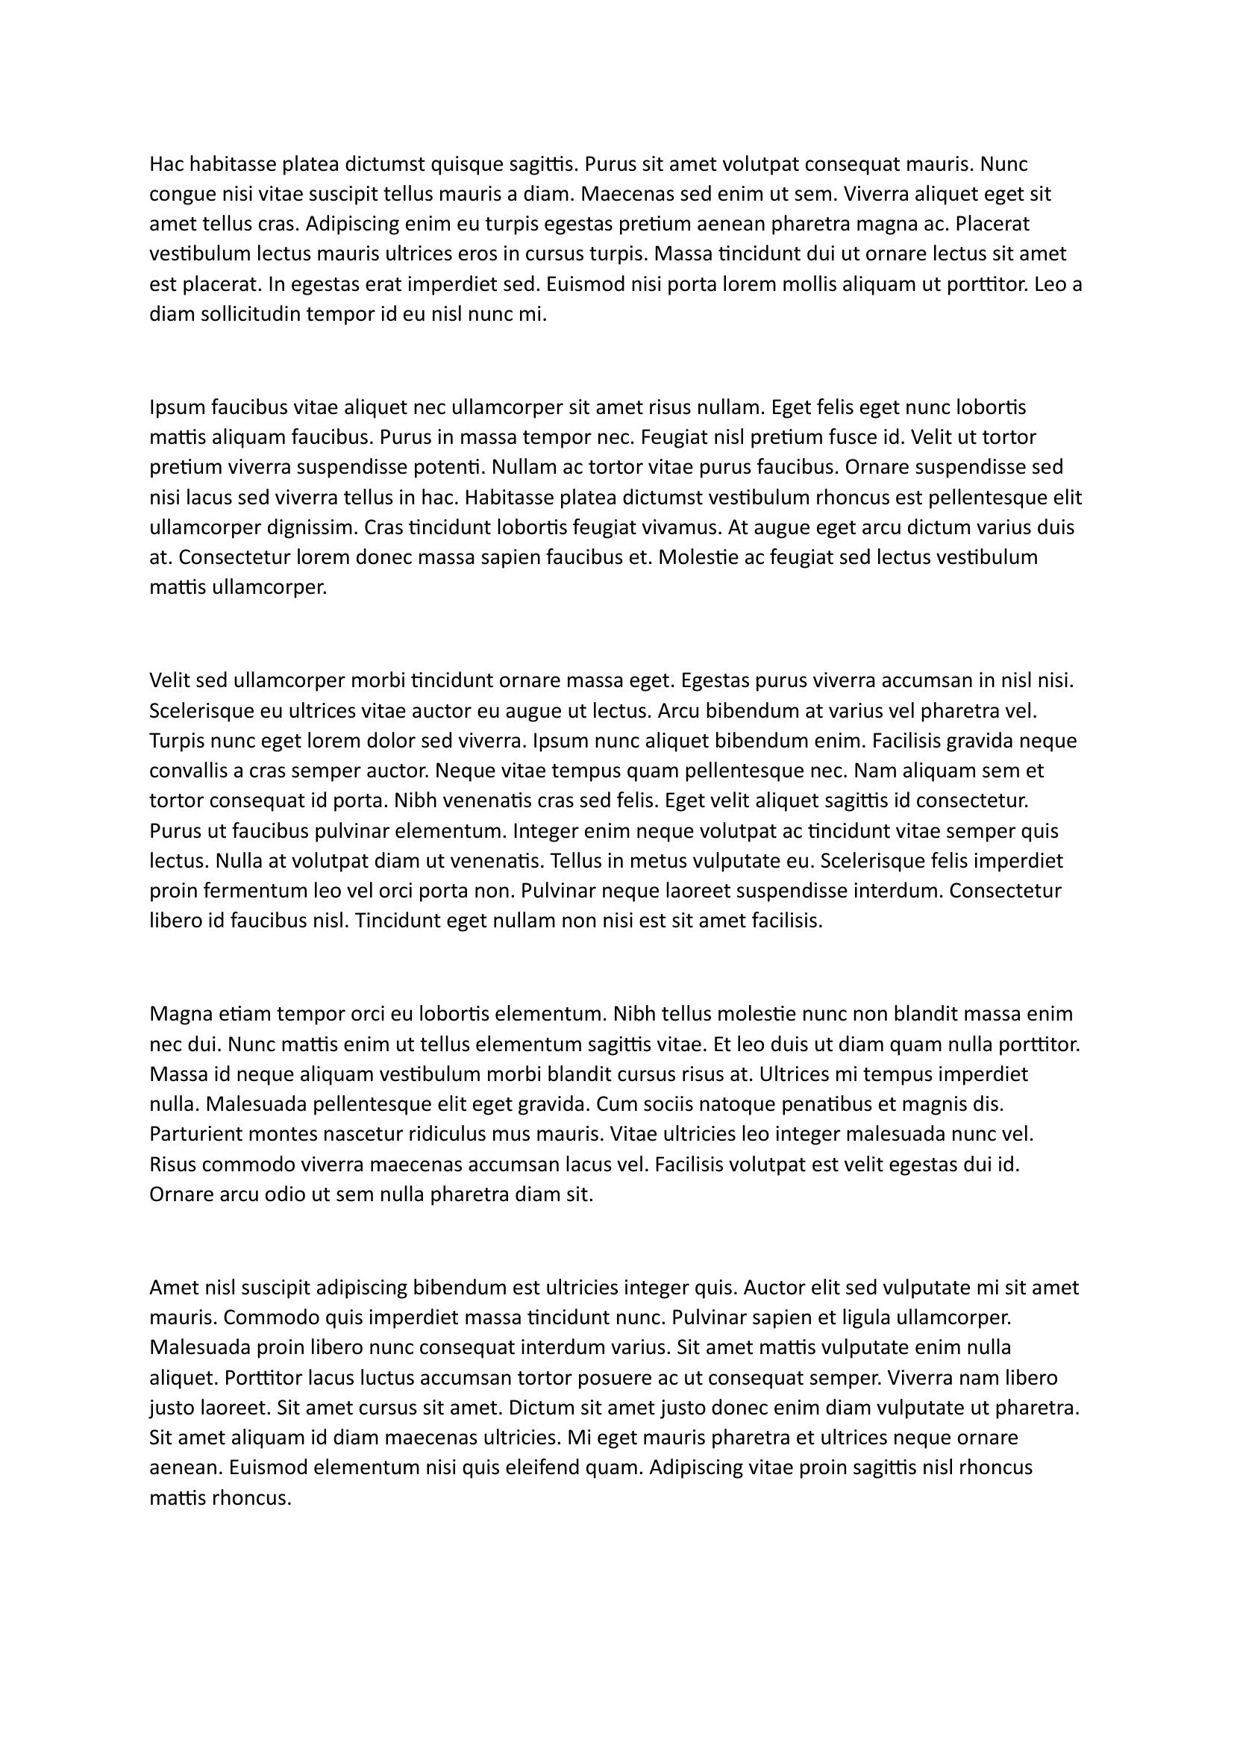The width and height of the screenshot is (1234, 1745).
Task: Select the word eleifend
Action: pos(535,1467)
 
